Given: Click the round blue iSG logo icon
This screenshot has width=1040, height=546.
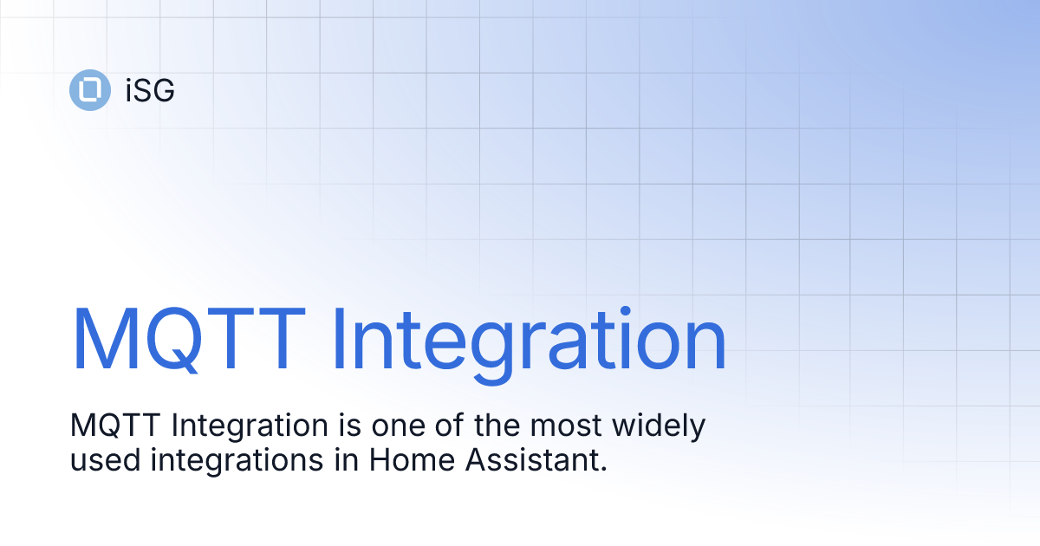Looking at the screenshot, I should pos(89,89).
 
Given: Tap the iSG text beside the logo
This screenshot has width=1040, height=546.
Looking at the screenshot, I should pos(149,90).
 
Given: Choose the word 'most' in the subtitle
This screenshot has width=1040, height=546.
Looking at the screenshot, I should pos(570,426).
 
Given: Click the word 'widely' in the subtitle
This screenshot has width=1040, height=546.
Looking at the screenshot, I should pos(663,427).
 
